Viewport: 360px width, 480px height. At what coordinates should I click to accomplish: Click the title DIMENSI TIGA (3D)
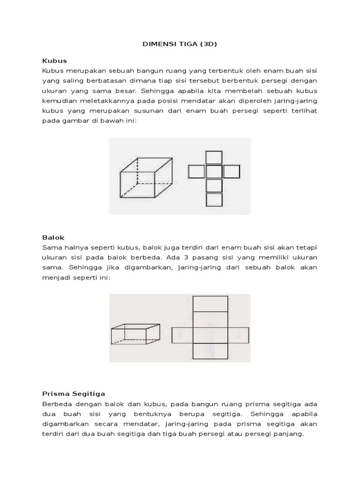click(180, 45)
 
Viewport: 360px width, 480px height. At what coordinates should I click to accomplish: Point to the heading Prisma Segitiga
click(74, 393)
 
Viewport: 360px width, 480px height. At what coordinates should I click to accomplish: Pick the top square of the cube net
click(214, 157)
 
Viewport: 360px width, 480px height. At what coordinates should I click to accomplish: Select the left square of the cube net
click(196, 172)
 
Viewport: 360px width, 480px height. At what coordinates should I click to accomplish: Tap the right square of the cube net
click(232, 172)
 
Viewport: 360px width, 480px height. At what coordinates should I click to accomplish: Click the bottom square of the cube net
click(214, 200)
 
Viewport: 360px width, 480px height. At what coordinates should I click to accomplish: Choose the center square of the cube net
click(214, 172)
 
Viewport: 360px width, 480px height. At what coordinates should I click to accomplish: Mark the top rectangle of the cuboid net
click(210, 303)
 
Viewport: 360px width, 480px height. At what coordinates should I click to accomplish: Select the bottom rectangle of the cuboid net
click(210, 352)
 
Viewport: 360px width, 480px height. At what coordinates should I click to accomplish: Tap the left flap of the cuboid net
click(182, 335)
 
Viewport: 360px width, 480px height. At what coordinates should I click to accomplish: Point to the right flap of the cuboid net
click(238, 335)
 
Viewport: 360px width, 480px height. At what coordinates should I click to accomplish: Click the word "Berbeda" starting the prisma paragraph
click(57, 404)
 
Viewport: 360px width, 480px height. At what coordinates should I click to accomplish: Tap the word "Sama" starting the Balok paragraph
click(51, 247)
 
